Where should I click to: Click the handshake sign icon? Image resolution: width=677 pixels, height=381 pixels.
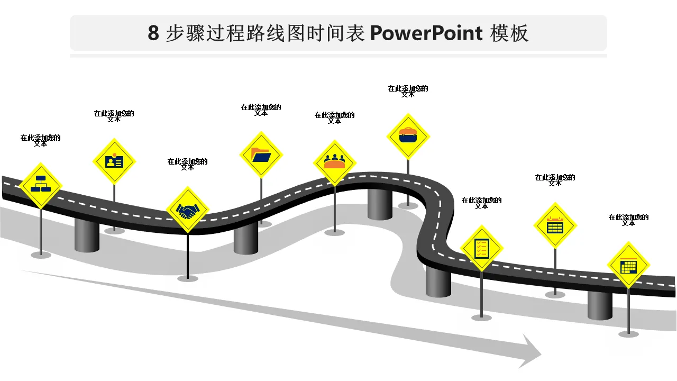click(187, 211)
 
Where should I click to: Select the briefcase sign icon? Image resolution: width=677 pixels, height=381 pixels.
click(408, 136)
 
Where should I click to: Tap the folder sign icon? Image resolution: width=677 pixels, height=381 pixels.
click(261, 155)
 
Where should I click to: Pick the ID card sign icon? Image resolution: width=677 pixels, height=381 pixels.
click(114, 161)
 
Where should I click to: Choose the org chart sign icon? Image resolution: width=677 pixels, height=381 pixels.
click(41, 185)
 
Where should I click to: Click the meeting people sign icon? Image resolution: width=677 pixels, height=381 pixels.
click(334, 162)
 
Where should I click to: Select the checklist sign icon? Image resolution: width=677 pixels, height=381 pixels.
click(481, 248)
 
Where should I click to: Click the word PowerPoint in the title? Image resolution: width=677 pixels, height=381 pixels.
click(426, 33)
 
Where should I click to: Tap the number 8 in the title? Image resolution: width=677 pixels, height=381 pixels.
click(153, 33)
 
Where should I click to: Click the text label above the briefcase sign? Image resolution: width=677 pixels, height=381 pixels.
click(408, 92)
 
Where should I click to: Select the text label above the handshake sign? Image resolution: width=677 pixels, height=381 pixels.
click(187, 165)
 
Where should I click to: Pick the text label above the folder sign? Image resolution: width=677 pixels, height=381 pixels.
click(261, 110)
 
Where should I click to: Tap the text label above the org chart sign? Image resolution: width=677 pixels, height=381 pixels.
click(41, 140)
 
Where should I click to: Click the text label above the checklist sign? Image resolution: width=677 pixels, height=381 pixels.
click(481, 203)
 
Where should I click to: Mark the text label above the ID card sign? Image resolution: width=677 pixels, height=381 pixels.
click(114, 116)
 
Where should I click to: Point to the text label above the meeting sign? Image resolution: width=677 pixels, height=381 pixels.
click(334, 117)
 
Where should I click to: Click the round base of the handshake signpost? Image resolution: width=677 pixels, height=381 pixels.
click(188, 278)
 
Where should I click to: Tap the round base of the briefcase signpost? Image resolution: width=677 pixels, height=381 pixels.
click(408, 206)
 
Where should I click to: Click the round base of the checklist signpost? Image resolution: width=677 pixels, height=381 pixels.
click(481, 317)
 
